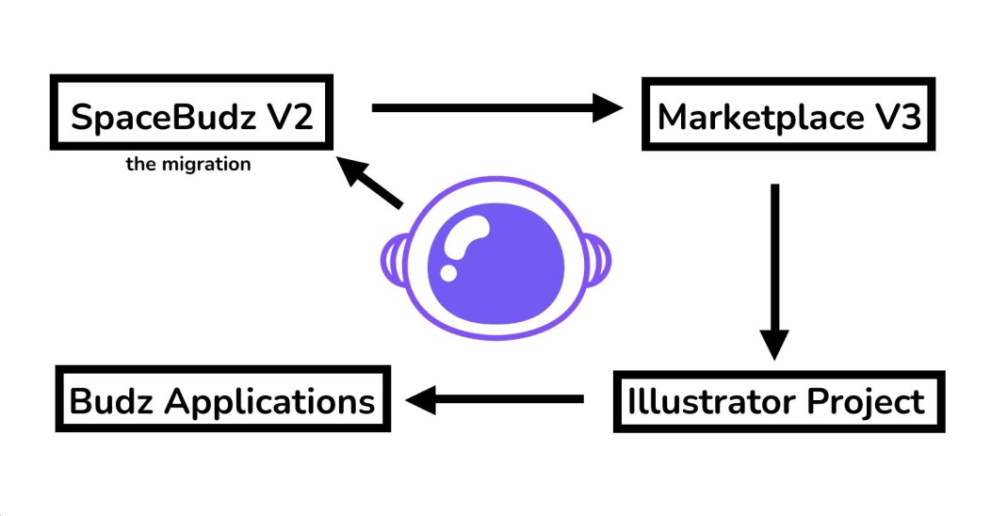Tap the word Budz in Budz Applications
(x=112, y=402)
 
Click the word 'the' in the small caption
(x=140, y=165)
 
